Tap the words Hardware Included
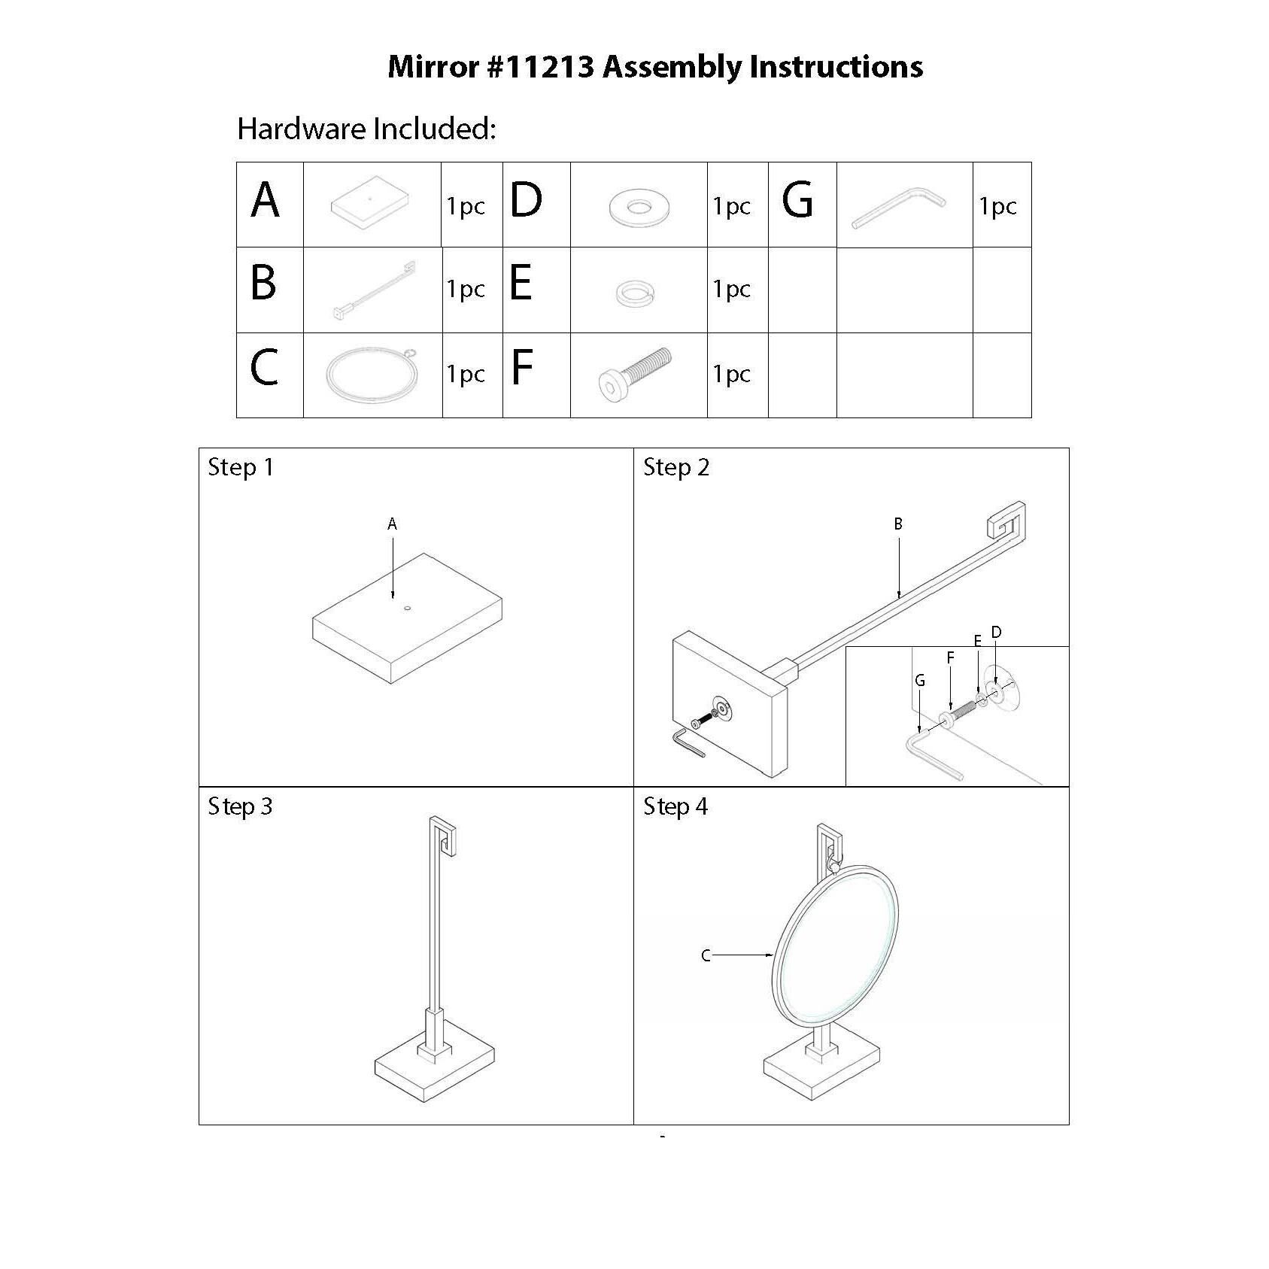366,129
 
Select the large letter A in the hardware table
266,202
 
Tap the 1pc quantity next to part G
997,206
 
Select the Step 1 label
241,468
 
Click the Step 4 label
675,807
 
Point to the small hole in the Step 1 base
407,608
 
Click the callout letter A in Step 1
392,524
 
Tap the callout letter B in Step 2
898,524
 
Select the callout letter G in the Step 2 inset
919,682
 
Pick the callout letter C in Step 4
706,955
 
